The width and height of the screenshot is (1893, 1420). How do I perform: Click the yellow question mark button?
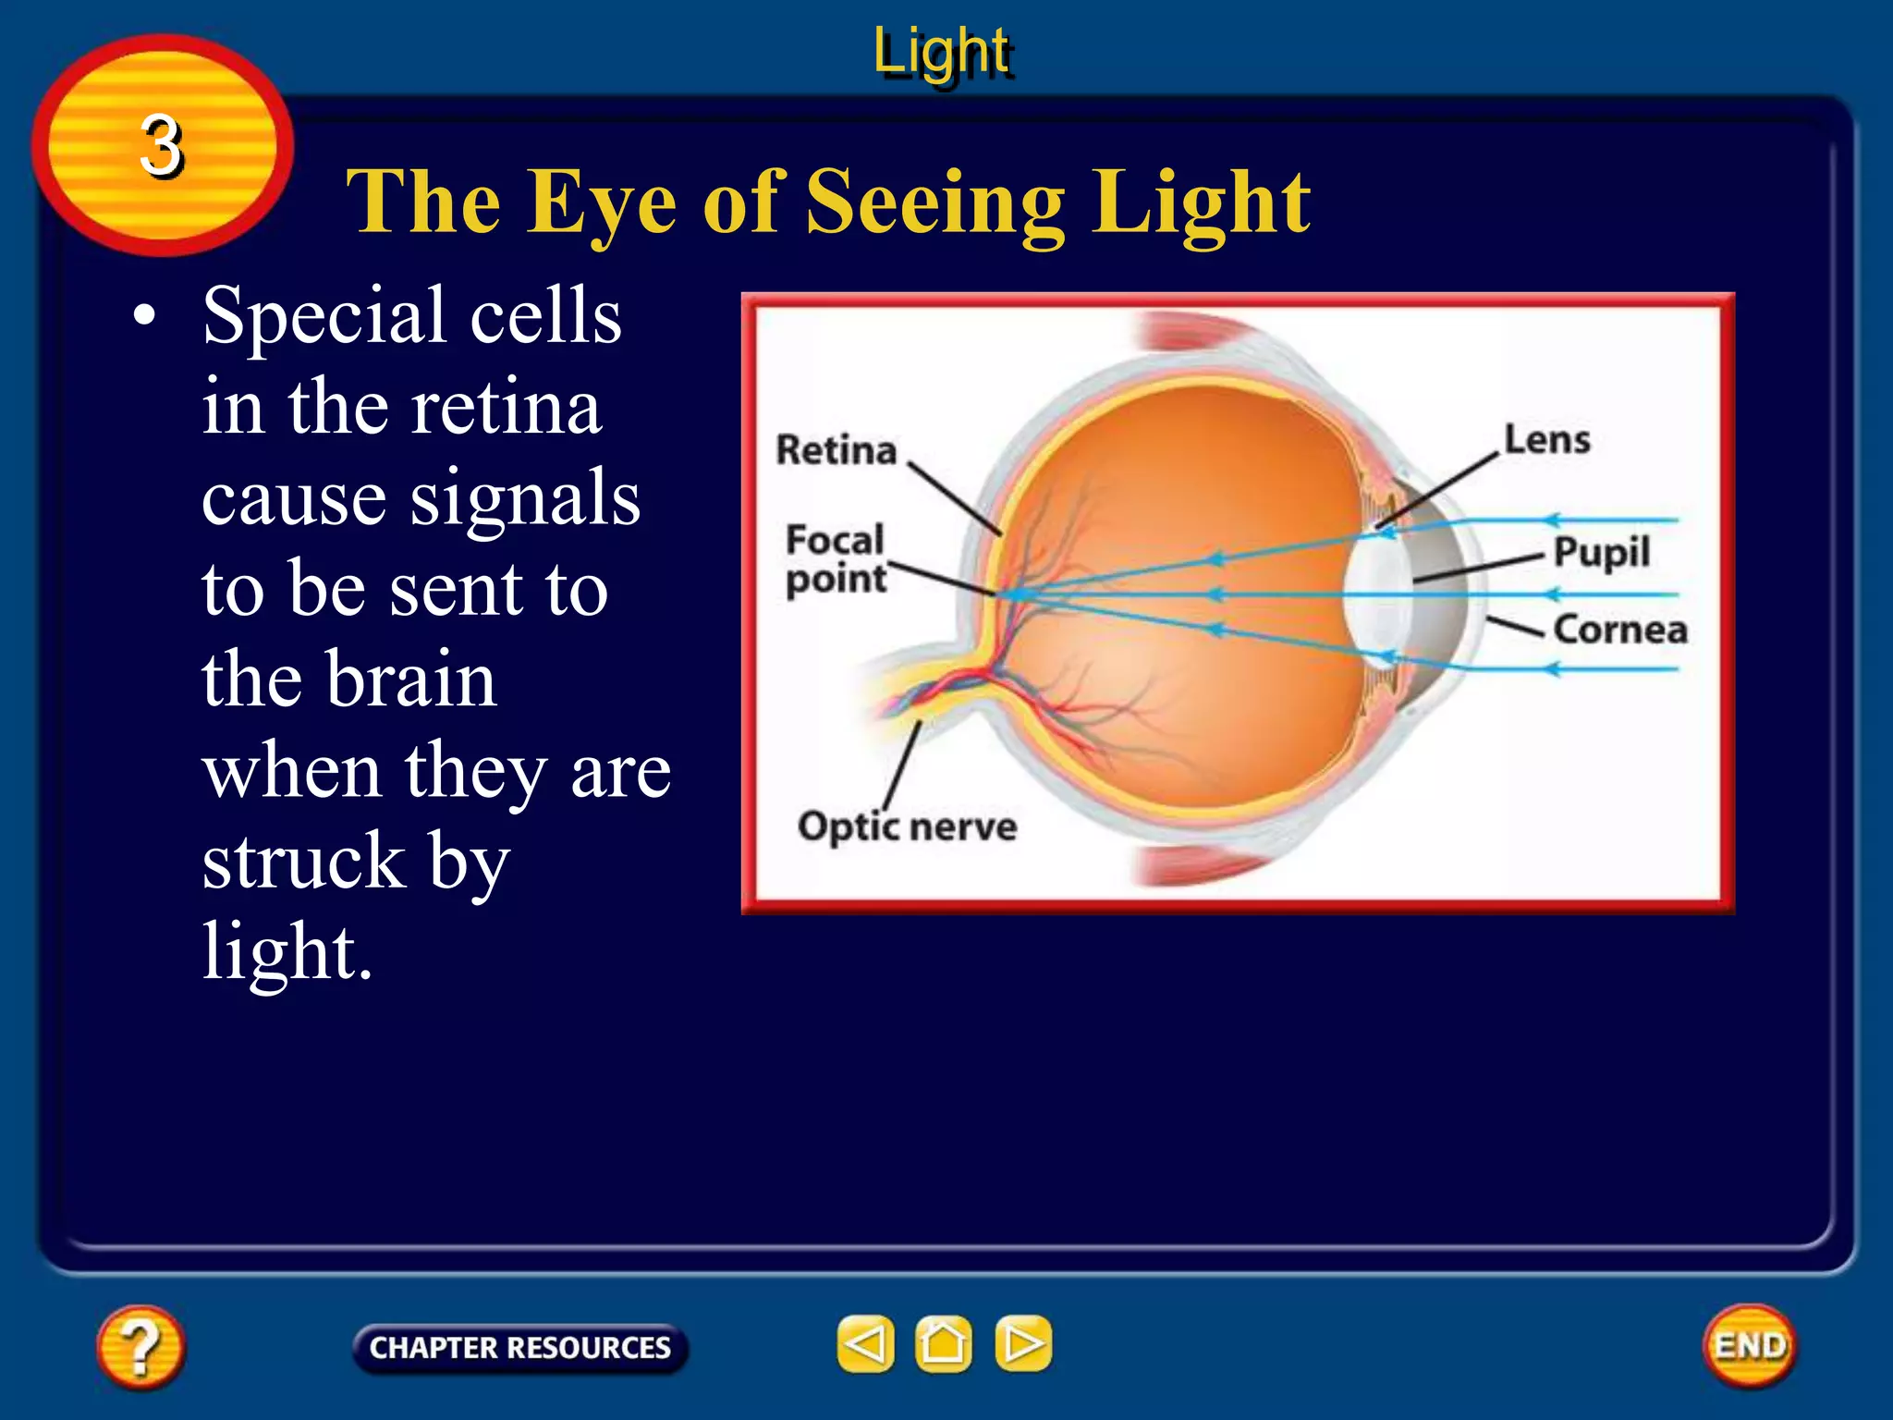(140, 1346)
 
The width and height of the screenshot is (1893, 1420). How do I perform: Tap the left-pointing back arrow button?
(866, 1343)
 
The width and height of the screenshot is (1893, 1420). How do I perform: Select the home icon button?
(944, 1343)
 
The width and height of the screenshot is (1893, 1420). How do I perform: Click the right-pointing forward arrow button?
(1023, 1343)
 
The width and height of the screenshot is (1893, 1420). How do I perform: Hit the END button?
(1750, 1346)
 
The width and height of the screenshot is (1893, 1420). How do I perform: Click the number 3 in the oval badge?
(162, 146)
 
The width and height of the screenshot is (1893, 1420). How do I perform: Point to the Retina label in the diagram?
(837, 450)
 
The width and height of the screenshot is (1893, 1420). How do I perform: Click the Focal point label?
(836, 559)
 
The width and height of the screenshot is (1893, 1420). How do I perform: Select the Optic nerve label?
(907, 826)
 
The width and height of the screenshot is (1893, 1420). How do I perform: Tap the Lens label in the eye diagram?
(1547, 440)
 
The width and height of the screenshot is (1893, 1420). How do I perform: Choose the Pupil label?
(1602, 553)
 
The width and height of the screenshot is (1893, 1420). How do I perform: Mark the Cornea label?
(1620, 630)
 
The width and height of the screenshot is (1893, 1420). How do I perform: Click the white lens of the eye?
(1374, 596)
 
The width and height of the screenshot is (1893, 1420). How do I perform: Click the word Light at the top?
(942, 51)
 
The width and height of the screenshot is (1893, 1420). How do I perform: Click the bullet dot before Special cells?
(144, 316)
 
